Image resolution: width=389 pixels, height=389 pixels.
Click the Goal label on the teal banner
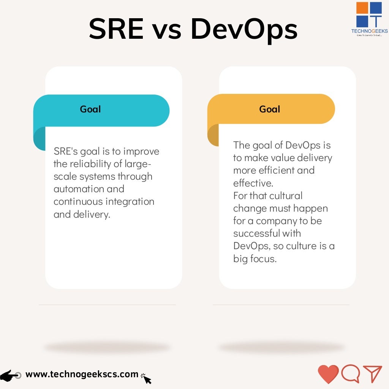click(90, 109)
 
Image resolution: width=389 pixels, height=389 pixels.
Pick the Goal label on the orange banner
click(270, 109)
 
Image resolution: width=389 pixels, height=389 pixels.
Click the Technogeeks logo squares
click(369, 14)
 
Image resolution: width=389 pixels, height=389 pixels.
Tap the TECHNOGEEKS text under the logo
click(369, 31)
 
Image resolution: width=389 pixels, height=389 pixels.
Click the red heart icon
click(328, 374)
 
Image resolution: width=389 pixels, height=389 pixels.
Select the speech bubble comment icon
click(350, 374)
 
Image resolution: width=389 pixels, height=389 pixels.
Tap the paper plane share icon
click(372, 374)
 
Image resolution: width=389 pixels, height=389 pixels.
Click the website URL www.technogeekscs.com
click(82, 374)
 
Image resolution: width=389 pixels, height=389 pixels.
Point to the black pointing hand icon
click(11, 375)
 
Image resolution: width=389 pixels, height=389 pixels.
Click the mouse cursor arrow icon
click(146, 378)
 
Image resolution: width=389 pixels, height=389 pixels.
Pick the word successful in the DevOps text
click(256, 233)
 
